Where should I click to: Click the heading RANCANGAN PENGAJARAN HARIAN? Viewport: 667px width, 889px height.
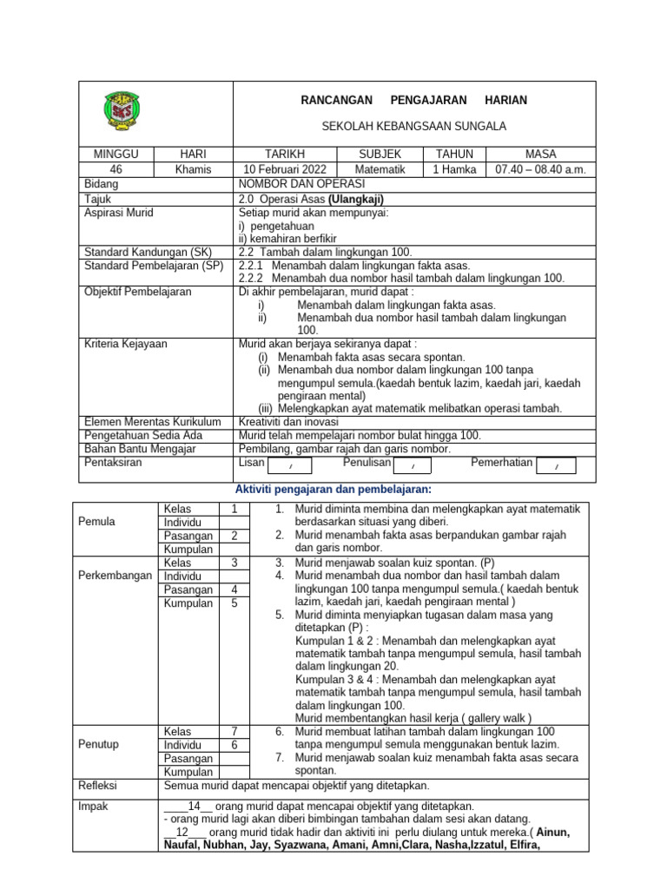coord(413,101)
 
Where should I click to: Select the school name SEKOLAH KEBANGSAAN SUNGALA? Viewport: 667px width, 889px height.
coord(413,127)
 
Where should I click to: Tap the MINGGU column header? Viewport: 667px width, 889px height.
coord(116,154)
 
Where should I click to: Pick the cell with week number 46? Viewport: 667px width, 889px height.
coord(116,169)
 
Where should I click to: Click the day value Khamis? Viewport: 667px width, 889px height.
coord(193,169)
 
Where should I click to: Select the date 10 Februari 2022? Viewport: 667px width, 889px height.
coord(286,169)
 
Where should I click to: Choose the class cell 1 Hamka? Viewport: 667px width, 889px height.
coord(454,169)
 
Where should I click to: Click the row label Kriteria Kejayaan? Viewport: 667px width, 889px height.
coord(126,344)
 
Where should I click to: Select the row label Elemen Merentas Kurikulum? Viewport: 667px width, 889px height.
coord(148,421)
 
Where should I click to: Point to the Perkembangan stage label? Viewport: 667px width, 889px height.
coord(116,576)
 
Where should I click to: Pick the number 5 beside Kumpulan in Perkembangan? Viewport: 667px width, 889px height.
coord(234,603)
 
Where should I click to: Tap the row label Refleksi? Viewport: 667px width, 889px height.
coord(98,786)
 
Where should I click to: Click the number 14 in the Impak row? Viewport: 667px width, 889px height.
coord(195,806)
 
